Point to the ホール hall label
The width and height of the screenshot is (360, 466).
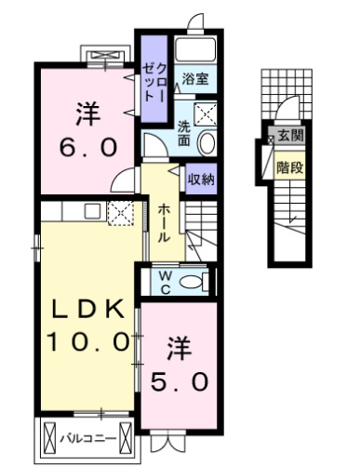click(162, 222)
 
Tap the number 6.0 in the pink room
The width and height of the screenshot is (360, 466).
click(88, 148)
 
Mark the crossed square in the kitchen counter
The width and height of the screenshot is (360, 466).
click(121, 213)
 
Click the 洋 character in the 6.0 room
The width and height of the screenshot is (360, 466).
click(87, 115)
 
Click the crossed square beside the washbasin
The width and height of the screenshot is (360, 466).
click(208, 115)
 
